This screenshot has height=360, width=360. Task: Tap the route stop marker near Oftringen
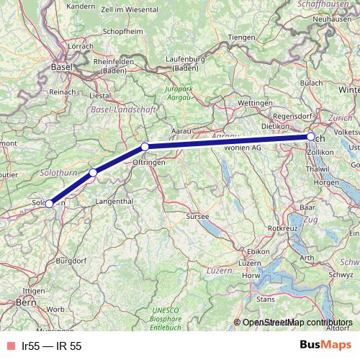pos(145,147)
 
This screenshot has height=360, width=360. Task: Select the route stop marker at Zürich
pos(310,137)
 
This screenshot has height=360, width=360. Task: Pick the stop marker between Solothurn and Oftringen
pos(93,173)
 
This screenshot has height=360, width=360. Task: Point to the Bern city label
pos(27,304)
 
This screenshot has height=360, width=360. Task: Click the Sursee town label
pos(197,216)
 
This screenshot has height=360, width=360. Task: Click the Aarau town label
pos(180,132)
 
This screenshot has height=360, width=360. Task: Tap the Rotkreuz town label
pos(282,228)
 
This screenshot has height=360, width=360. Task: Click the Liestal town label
pos(99,95)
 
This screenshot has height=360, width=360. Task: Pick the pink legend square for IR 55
pos(9,346)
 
